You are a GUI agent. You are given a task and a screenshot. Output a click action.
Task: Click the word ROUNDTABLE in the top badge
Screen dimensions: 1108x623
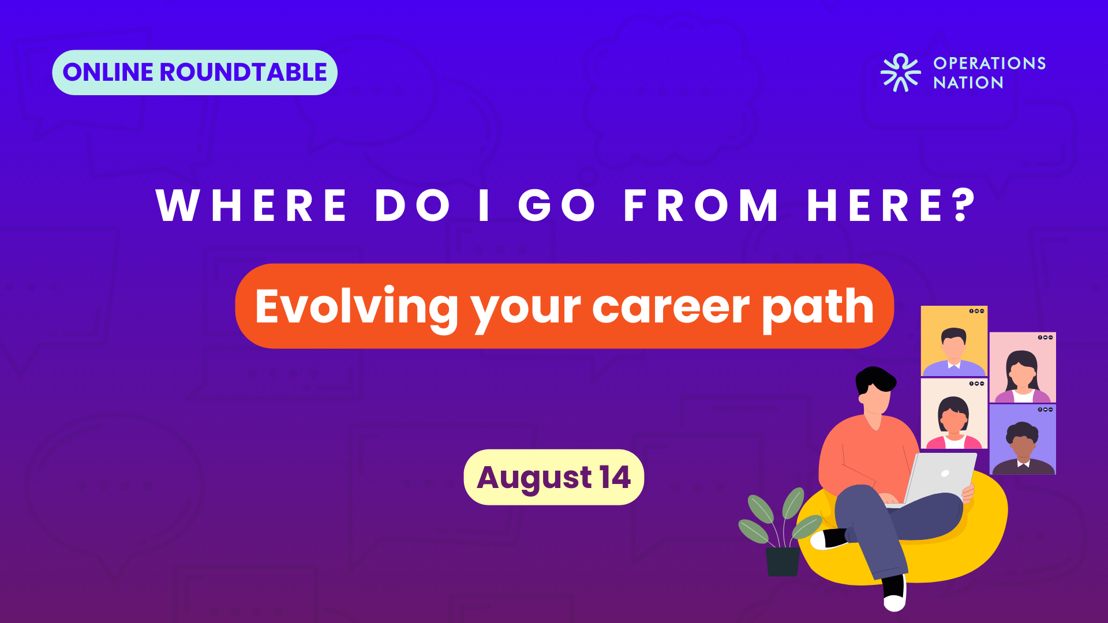tap(243, 73)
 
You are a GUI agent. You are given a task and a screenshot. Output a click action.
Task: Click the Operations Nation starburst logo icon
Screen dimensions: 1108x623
tap(900, 73)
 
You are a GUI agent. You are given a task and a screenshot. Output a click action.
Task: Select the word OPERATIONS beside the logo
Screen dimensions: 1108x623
tap(990, 63)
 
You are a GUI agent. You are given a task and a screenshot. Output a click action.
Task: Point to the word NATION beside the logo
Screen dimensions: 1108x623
tap(968, 83)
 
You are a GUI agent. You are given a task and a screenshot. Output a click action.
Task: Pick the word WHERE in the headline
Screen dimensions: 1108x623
tap(252, 205)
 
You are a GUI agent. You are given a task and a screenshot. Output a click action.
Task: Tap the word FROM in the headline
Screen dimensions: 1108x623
tap(701, 205)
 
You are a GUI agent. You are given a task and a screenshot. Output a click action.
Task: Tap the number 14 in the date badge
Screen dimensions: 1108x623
tap(615, 478)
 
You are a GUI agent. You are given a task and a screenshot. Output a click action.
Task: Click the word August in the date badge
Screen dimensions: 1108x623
tap(534, 479)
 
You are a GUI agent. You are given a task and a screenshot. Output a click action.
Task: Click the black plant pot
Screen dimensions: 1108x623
tap(783, 561)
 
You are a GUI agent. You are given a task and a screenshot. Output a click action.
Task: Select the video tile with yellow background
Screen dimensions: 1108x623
tap(954, 341)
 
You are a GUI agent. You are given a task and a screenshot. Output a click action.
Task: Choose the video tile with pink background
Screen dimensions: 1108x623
tap(1023, 367)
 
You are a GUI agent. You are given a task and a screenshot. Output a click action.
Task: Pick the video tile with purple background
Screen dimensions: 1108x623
tap(1023, 440)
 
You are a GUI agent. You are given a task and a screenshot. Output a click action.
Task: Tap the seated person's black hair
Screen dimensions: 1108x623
tap(874, 380)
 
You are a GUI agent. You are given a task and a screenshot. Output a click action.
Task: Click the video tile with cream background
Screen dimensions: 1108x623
tap(954, 414)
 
